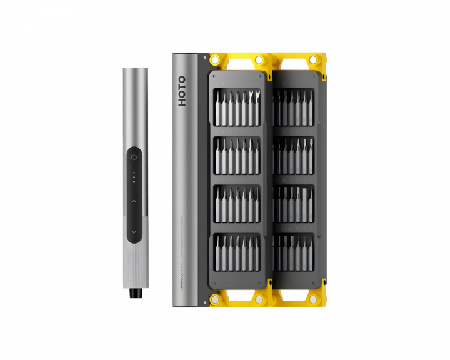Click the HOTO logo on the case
click(181, 91)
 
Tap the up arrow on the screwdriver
click(133, 201)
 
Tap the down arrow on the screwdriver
click(133, 231)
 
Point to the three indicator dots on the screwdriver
click(133, 176)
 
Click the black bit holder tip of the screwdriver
click(134, 292)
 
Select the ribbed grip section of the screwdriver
click(134, 262)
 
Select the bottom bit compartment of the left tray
click(237, 253)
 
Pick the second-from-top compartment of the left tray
click(237, 156)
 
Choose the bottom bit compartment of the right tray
click(294, 253)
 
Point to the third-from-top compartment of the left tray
click(237, 204)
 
